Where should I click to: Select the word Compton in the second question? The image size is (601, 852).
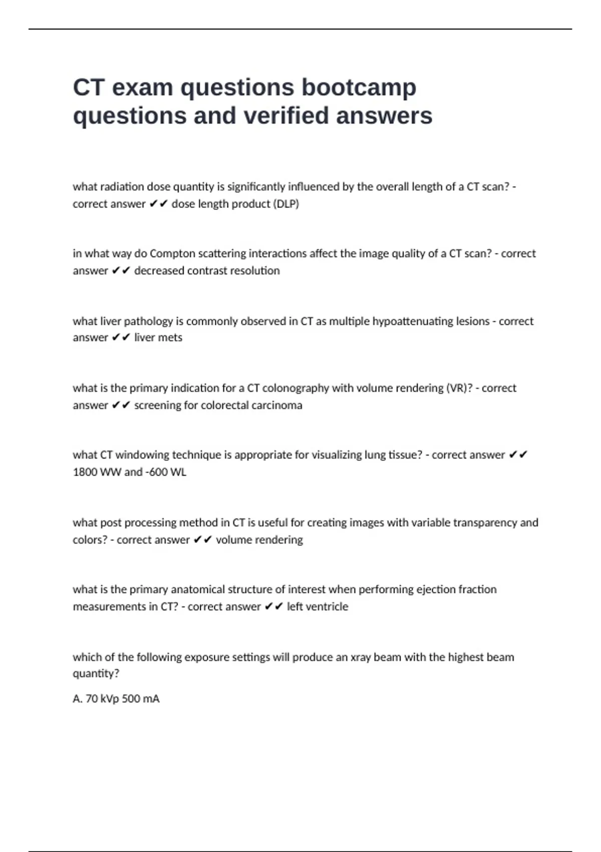pos(173,254)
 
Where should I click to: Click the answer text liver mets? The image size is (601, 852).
pos(158,338)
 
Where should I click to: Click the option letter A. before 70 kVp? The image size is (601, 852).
pos(78,699)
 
